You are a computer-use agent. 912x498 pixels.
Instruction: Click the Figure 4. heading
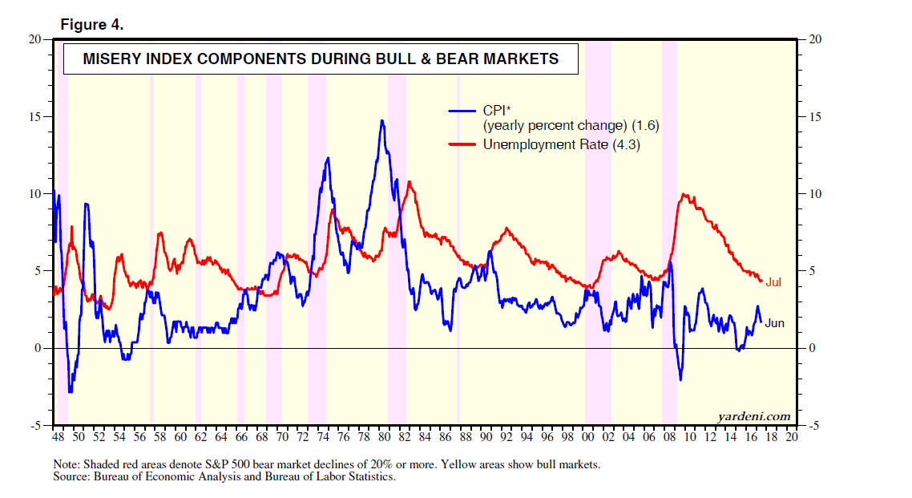pos(92,25)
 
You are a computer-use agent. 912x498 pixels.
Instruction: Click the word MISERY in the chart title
pos(112,59)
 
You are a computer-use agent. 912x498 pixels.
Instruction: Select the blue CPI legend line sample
pos(462,111)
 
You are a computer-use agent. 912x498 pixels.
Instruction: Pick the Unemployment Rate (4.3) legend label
pos(561,145)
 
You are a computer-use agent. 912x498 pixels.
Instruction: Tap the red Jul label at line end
pos(773,282)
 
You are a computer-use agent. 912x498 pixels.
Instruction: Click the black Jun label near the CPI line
pos(774,323)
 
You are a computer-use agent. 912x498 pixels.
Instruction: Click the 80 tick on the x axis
pos(384,439)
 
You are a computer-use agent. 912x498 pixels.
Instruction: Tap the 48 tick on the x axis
pos(58,439)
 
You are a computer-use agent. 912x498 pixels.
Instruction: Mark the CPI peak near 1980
pos(382,121)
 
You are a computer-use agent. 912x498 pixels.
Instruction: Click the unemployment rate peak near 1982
pos(409,182)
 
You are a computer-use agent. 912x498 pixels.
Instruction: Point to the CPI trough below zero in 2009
pos(680,379)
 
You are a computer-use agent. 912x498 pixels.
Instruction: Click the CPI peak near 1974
pos(328,158)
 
